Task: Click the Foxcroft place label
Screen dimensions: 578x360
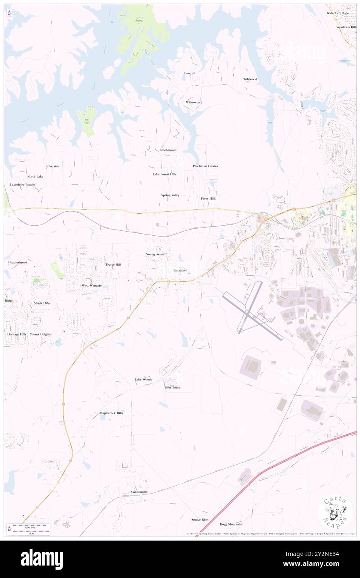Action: (190, 73)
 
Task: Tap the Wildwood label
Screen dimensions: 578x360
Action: (250, 79)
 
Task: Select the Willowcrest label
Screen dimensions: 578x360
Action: (193, 102)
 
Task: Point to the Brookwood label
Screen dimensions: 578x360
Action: (168, 150)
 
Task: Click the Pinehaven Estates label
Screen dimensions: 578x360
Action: (205, 166)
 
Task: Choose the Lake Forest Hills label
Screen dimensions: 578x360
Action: (164, 174)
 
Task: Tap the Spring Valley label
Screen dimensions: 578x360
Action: (170, 195)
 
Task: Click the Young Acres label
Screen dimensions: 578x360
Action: (155, 254)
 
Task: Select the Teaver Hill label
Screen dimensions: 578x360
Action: (113, 264)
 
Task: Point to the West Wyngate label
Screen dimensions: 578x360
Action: (91, 286)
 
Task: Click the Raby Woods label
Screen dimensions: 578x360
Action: (143, 380)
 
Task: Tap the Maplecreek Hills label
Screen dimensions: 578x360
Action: (111, 413)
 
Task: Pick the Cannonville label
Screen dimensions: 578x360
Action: (139, 492)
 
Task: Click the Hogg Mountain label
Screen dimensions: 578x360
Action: (231, 524)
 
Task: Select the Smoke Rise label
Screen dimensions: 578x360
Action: (199, 520)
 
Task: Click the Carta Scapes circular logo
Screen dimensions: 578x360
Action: (335, 513)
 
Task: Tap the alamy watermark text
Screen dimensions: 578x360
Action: (42, 559)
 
